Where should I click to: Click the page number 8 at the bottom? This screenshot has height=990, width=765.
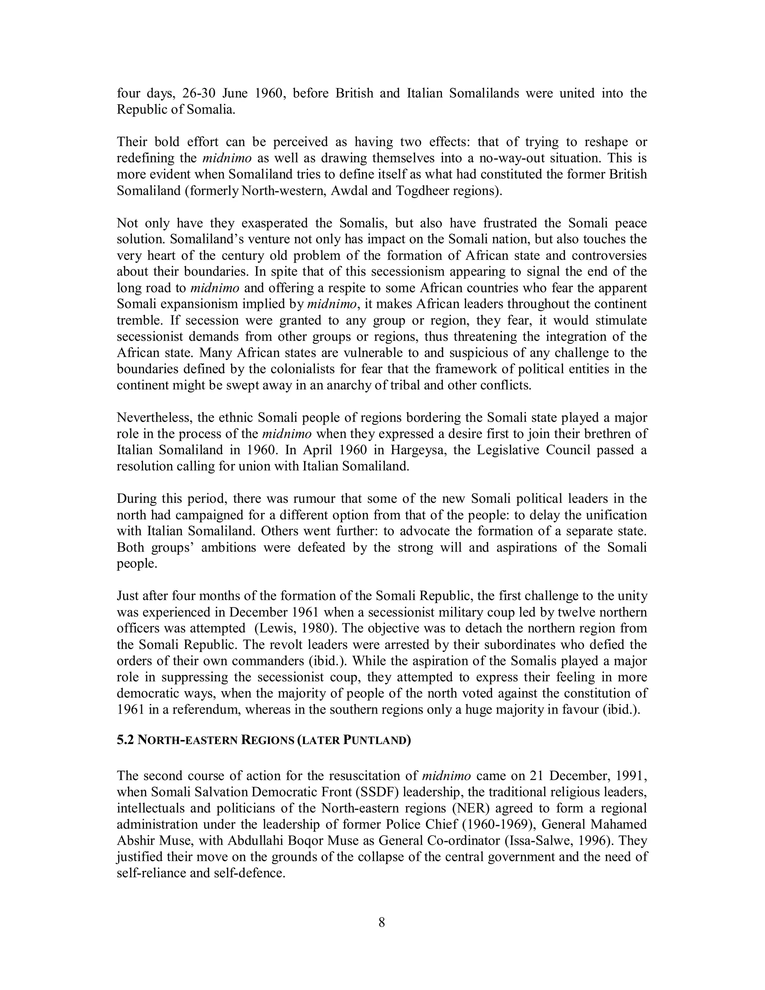pyautogui.click(x=382, y=922)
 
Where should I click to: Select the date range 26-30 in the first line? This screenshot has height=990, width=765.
pyautogui.click(x=198, y=93)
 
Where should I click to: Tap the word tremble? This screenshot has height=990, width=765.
pyautogui.click(x=138, y=321)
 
